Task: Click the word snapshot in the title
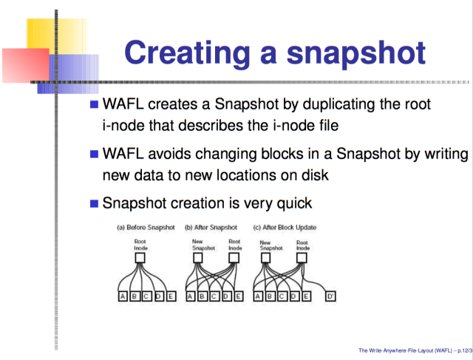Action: (x=356, y=54)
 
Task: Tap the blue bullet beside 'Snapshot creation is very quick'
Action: (x=94, y=204)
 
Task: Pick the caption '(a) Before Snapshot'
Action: (x=146, y=228)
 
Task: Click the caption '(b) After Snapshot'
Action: (x=211, y=228)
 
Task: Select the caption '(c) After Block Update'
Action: (x=285, y=228)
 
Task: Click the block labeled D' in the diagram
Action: (x=330, y=296)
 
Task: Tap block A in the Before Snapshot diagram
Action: (x=123, y=296)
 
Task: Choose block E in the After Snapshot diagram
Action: (x=238, y=296)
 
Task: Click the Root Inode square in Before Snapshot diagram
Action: (x=140, y=258)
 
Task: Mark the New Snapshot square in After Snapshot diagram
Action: (x=197, y=258)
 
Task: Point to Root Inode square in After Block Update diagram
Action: (x=302, y=258)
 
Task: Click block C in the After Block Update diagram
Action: (x=282, y=296)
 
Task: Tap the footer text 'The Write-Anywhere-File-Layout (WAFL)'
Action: (x=405, y=350)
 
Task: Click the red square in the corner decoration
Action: (x=26, y=65)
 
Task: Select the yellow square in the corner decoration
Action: (x=57, y=36)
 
